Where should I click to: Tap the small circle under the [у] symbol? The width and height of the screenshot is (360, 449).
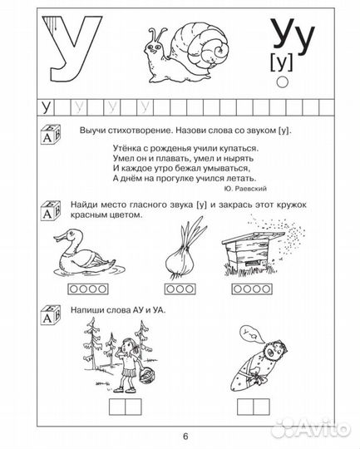tap(283, 81)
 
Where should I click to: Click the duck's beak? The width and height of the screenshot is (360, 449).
tap(59, 237)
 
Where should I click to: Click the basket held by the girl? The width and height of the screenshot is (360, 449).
tap(146, 374)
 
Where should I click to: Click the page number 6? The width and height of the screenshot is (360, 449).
tap(185, 437)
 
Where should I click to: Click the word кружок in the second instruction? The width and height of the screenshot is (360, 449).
tap(292, 205)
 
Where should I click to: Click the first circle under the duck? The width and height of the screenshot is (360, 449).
tap(74, 289)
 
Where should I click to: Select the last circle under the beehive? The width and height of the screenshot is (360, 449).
tap(266, 289)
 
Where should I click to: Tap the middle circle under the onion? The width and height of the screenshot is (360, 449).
tap(180, 289)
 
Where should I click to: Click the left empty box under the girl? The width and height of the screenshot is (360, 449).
tap(117, 407)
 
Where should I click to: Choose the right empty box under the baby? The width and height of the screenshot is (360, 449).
tap(262, 407)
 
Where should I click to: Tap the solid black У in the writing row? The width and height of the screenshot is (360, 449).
tap(46, 107)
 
